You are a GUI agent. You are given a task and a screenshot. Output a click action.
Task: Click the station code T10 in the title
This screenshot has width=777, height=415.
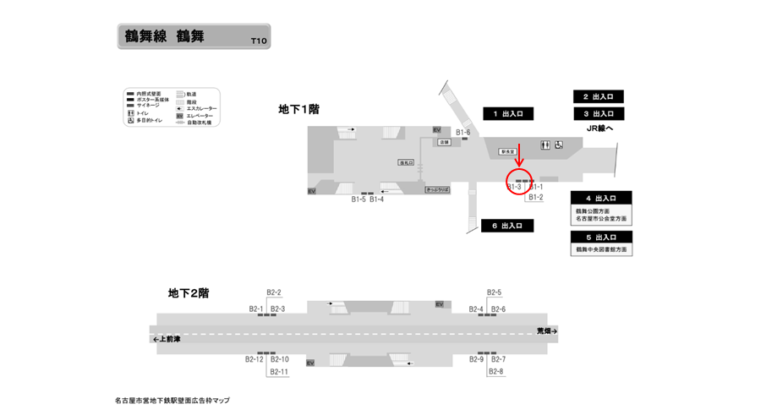258,41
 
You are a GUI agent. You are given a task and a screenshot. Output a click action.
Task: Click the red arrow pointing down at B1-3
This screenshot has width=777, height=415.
519,156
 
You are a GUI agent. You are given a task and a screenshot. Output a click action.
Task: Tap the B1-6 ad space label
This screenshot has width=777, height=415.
462,132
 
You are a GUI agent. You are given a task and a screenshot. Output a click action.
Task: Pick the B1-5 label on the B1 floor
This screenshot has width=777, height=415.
358,199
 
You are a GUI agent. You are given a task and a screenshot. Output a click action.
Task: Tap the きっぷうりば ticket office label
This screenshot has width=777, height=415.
437,190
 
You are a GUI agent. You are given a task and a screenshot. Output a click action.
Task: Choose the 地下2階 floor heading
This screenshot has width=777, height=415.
189,293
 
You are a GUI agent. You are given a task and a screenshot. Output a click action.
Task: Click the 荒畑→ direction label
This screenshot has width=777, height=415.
548,330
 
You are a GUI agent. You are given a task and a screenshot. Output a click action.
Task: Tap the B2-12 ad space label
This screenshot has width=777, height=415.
254,359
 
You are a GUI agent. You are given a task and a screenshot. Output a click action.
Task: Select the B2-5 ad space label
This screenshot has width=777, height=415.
495,292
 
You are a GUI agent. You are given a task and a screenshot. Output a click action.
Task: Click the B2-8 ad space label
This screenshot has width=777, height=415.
495,372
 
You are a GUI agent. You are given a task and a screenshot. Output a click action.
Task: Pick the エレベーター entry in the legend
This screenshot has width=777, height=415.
200,115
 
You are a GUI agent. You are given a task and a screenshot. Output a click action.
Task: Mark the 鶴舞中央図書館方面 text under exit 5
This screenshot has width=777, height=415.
602,250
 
